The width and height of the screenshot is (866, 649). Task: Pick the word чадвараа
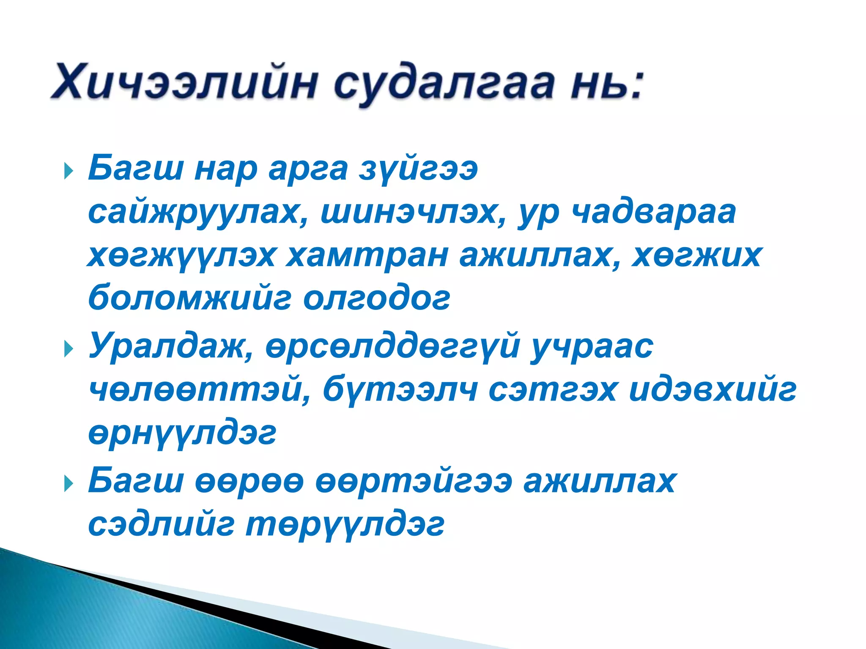(x=654, y=213)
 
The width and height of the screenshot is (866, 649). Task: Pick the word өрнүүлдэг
(x=182, y=434)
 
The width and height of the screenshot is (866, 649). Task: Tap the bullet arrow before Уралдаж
(x=68, y=349)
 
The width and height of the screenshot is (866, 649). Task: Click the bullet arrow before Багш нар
(x=68, y=172)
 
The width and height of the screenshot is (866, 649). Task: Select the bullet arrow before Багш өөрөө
(x=68, y=484)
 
